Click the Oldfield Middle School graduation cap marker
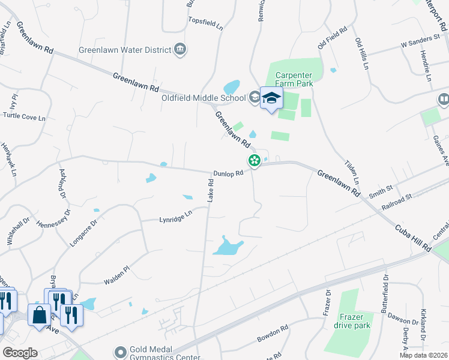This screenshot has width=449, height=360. pos(271,98)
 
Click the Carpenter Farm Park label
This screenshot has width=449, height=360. pos(294,80)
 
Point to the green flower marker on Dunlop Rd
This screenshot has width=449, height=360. pos(255,160)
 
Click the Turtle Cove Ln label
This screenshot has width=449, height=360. pos(25,118)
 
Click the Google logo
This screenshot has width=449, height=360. pos(20,352)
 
